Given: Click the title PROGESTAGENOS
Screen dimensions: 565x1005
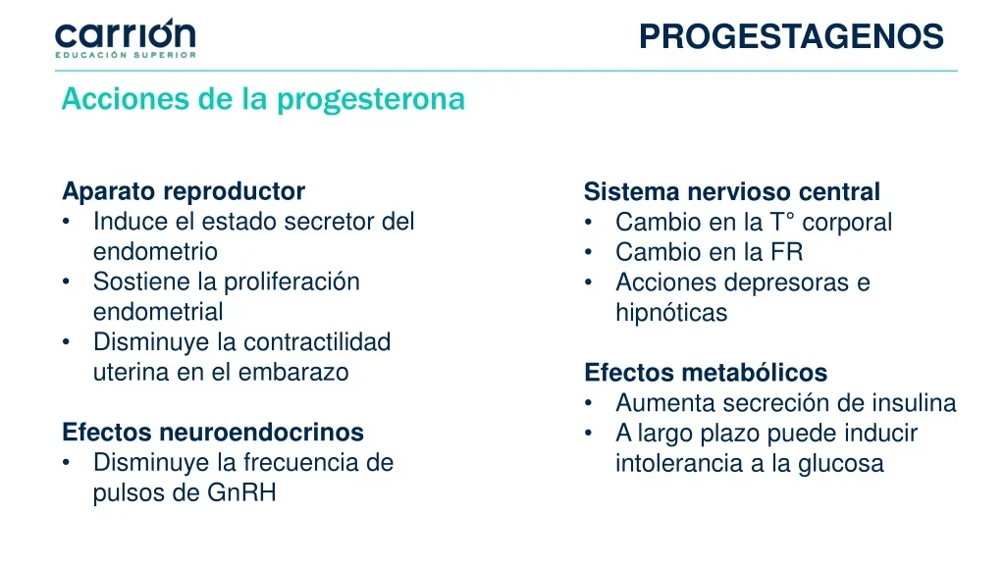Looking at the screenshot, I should [x=790, y=36].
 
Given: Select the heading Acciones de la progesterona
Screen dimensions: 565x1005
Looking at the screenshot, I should [x=263, y=99].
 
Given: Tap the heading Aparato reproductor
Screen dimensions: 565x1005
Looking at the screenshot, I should [x=184, y=191].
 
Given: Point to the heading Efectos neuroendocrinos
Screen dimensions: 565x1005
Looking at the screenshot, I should [x=212, y=432].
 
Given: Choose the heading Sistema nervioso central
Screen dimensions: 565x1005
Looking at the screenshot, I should [x=731, y=191].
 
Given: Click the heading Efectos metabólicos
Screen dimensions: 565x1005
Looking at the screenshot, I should [x=705, y=373].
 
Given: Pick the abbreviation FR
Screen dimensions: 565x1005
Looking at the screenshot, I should [x=786, y=252].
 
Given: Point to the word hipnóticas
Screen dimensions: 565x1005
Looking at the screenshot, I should [x=671, y=313].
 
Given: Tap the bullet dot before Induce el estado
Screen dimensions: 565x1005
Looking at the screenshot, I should [x=66, y=223].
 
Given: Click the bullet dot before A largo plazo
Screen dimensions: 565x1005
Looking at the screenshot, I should [x=588, y=434].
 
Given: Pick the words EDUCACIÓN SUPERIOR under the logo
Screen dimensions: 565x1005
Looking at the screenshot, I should [x=125, y=55].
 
